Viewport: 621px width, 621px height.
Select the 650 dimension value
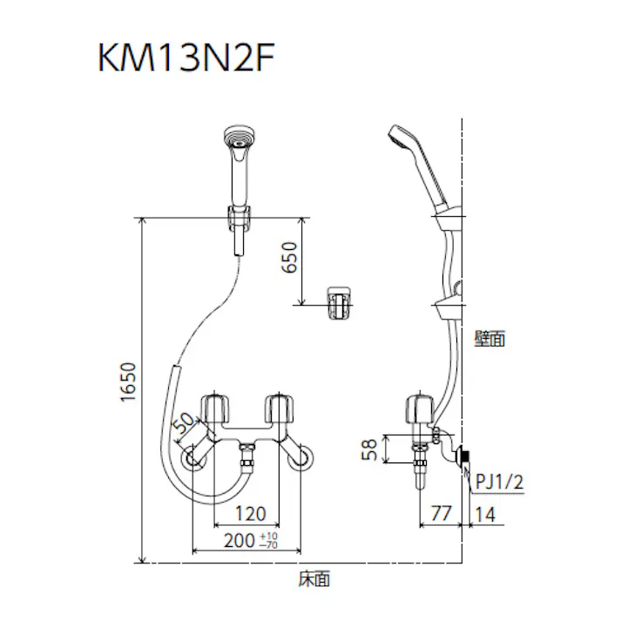(290, 259)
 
